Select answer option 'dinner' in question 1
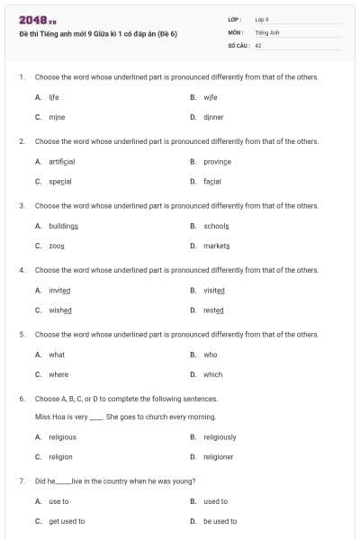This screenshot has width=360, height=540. pyautogui.click(x=213, y=117)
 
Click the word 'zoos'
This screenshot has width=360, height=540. pyautogui.click(x=57, y=246)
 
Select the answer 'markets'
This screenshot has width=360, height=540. pyautogui.click(x=217, y=246)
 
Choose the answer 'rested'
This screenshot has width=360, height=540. pyautogui.click(x=213, y=310)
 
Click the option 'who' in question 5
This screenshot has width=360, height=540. pyautogui.click(x=211, y=355)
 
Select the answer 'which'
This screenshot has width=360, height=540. pyautogui.click(x=213, y=374)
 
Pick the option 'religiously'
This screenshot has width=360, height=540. pyautogui.click(x=220, y=437)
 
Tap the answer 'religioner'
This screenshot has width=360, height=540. pyautogui.click(x=219, y=457)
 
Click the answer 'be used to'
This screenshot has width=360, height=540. pyautogui.click(x=220, y=521)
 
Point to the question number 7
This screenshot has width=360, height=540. pyautogui.click(x=21, y=481)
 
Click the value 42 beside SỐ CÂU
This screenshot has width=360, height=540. pyautogui.click(x=258, y=44)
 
